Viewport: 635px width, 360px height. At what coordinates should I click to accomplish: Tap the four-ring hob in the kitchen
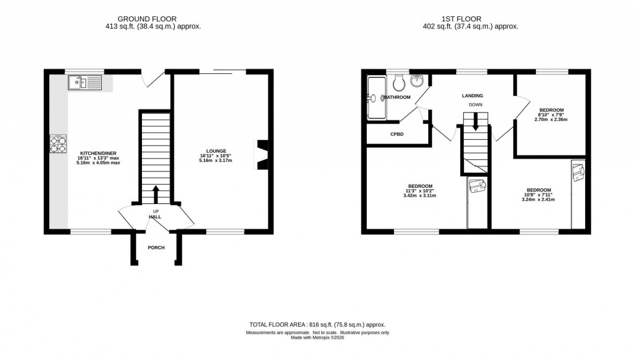tap(58, 144)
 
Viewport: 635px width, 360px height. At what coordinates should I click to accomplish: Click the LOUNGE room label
tap(217, 151)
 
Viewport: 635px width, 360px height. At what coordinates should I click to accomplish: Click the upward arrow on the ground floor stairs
tap(156, 194)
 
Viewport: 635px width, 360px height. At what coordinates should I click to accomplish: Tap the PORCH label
tap(156, 248)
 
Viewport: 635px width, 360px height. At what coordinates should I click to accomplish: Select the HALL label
tap(156, 217)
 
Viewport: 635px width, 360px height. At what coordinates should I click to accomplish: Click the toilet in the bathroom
tap(400, 83)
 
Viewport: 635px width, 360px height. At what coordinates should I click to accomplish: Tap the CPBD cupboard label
tap(397, 134)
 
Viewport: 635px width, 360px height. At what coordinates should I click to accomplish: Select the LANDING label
tap(472, 96)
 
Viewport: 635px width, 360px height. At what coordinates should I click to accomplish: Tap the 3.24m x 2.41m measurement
tap(539, 199)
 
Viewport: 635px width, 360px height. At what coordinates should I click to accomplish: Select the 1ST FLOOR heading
tap(470, 19)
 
